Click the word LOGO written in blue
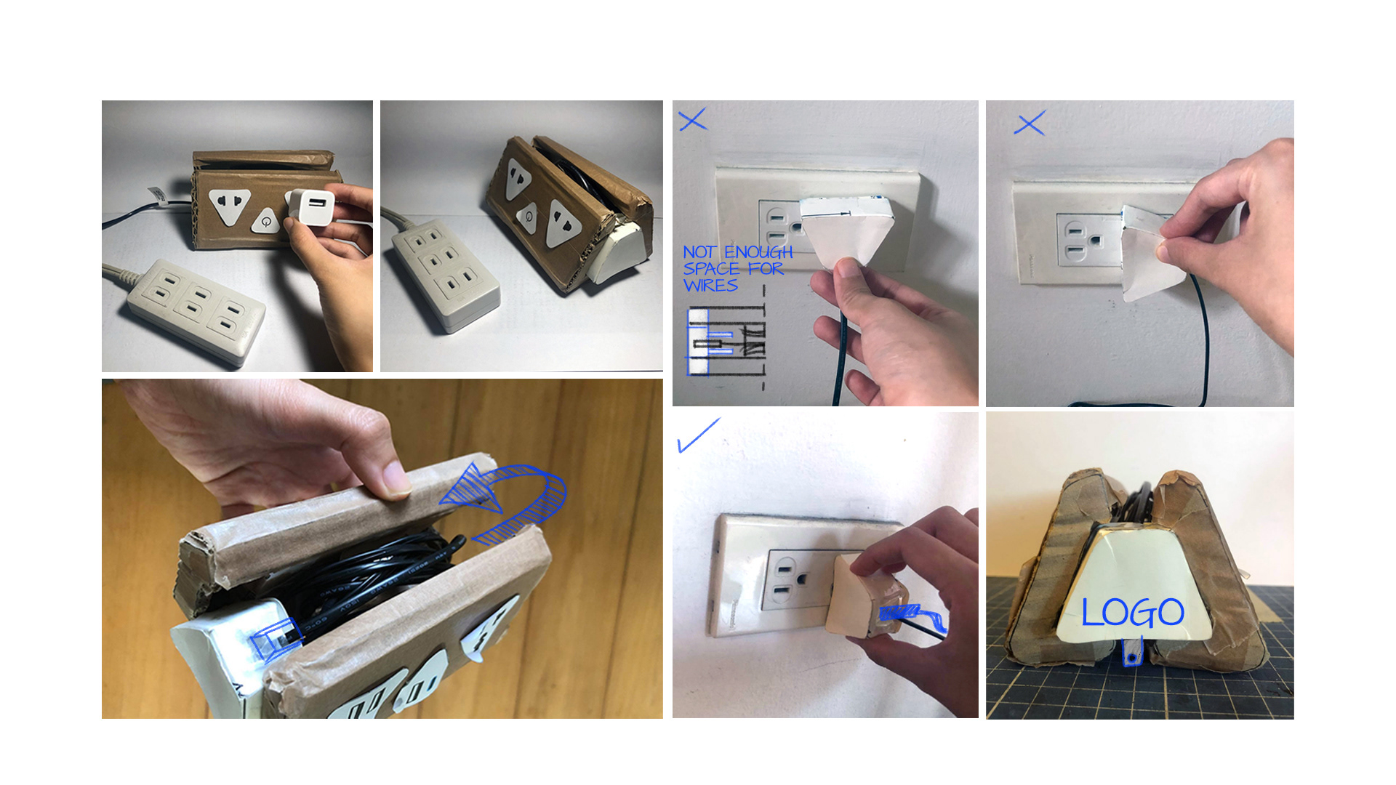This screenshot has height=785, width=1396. click(1132, 613)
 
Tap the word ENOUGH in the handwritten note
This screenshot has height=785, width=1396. click(758, 252)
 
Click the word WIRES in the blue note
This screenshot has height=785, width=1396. click(710, 286)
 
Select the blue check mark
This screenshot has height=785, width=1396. click(697, 435)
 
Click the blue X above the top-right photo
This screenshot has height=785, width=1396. click(1030, 123)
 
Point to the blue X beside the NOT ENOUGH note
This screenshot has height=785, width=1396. click(692, 120)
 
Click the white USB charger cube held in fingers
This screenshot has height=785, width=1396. click(312, 206)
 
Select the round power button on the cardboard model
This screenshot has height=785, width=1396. click(266, 220)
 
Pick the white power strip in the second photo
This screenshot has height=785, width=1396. click(444, 276)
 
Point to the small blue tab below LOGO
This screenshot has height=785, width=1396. click(1131, 653)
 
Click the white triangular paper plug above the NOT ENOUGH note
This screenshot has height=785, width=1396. click(847, 225)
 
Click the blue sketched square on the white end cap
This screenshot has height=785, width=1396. click(275, 637)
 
